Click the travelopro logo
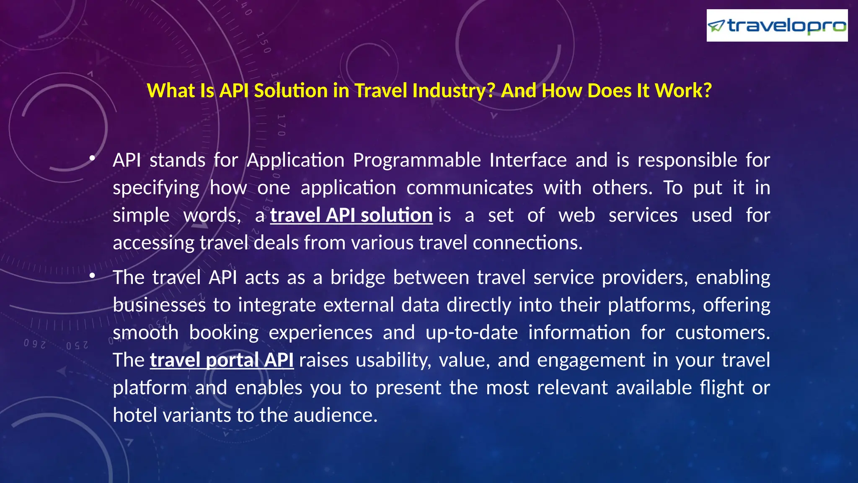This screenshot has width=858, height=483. point(777,26)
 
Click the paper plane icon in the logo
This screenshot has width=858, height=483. point(716,26)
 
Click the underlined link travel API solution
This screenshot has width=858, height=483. point(351,216)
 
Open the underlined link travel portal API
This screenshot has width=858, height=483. point(222,360)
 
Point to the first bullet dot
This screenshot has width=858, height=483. point(92,158)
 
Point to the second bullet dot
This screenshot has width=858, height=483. point(92,275)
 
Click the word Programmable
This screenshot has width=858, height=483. point(416,161)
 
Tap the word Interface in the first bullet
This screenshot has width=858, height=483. point(528,161)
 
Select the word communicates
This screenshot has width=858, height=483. point(469,188)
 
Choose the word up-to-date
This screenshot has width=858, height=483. point(472,333)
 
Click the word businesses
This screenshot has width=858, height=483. point(159,305)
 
